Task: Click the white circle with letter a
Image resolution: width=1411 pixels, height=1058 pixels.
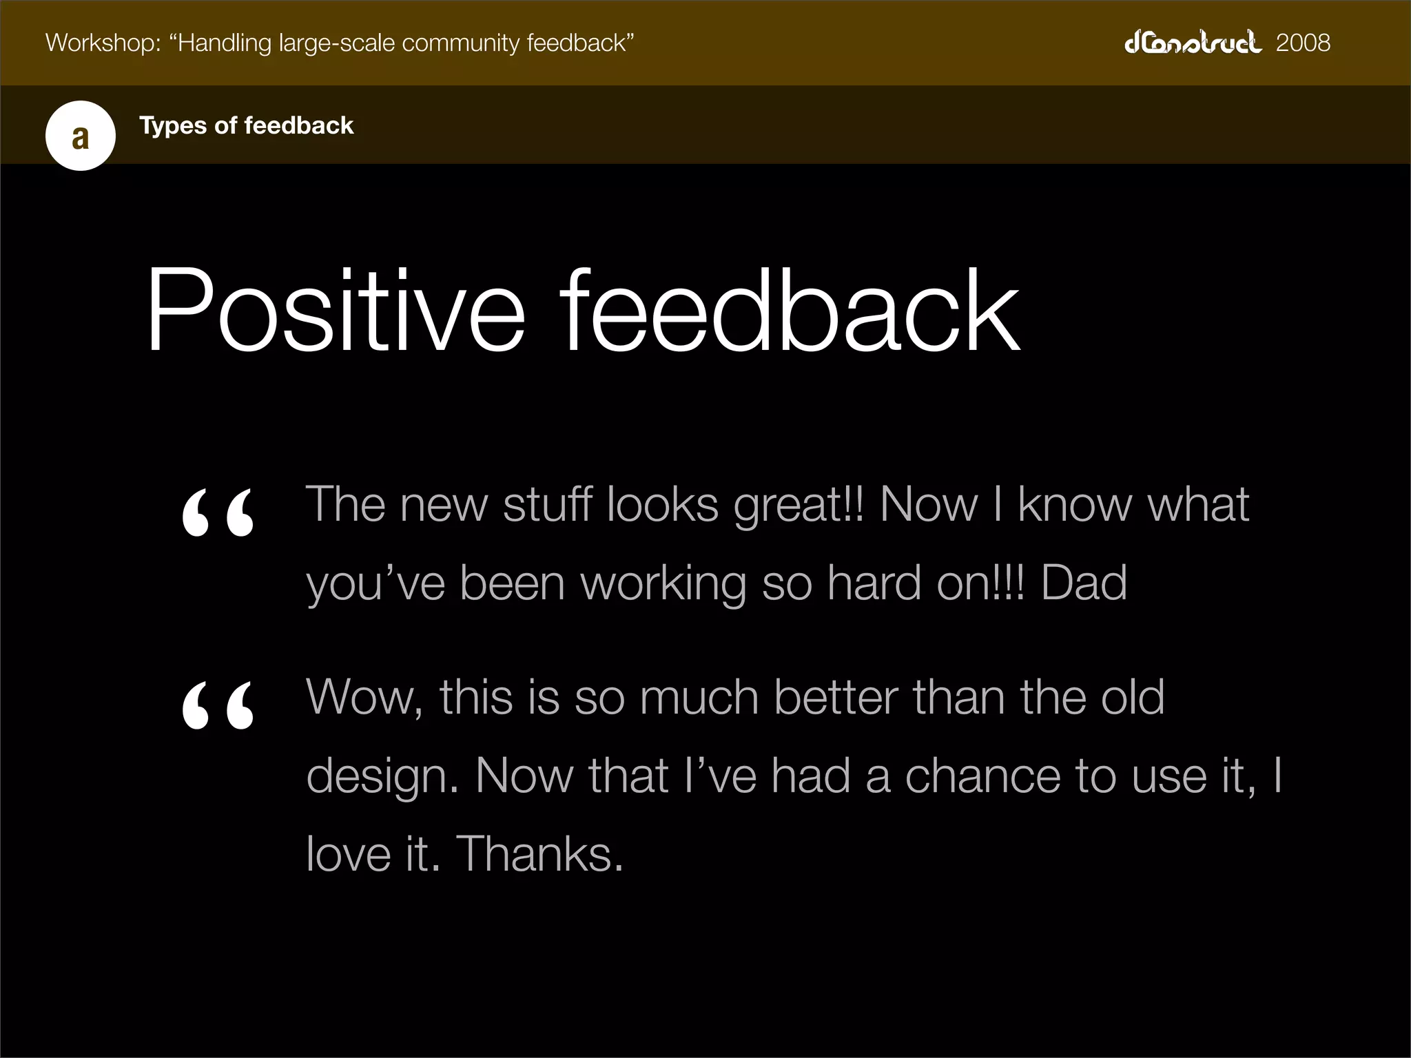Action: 81,136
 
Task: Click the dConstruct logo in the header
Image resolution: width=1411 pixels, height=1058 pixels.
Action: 1193,43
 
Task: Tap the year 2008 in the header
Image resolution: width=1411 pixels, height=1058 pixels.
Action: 1303,43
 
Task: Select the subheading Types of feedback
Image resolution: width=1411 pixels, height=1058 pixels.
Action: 246,125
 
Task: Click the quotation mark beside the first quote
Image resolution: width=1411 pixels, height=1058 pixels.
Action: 218,513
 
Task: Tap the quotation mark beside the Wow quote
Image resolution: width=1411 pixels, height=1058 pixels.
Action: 218,705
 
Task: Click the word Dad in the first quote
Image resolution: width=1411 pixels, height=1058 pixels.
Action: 1084,583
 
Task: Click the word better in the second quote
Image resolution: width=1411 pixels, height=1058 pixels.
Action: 836,697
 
